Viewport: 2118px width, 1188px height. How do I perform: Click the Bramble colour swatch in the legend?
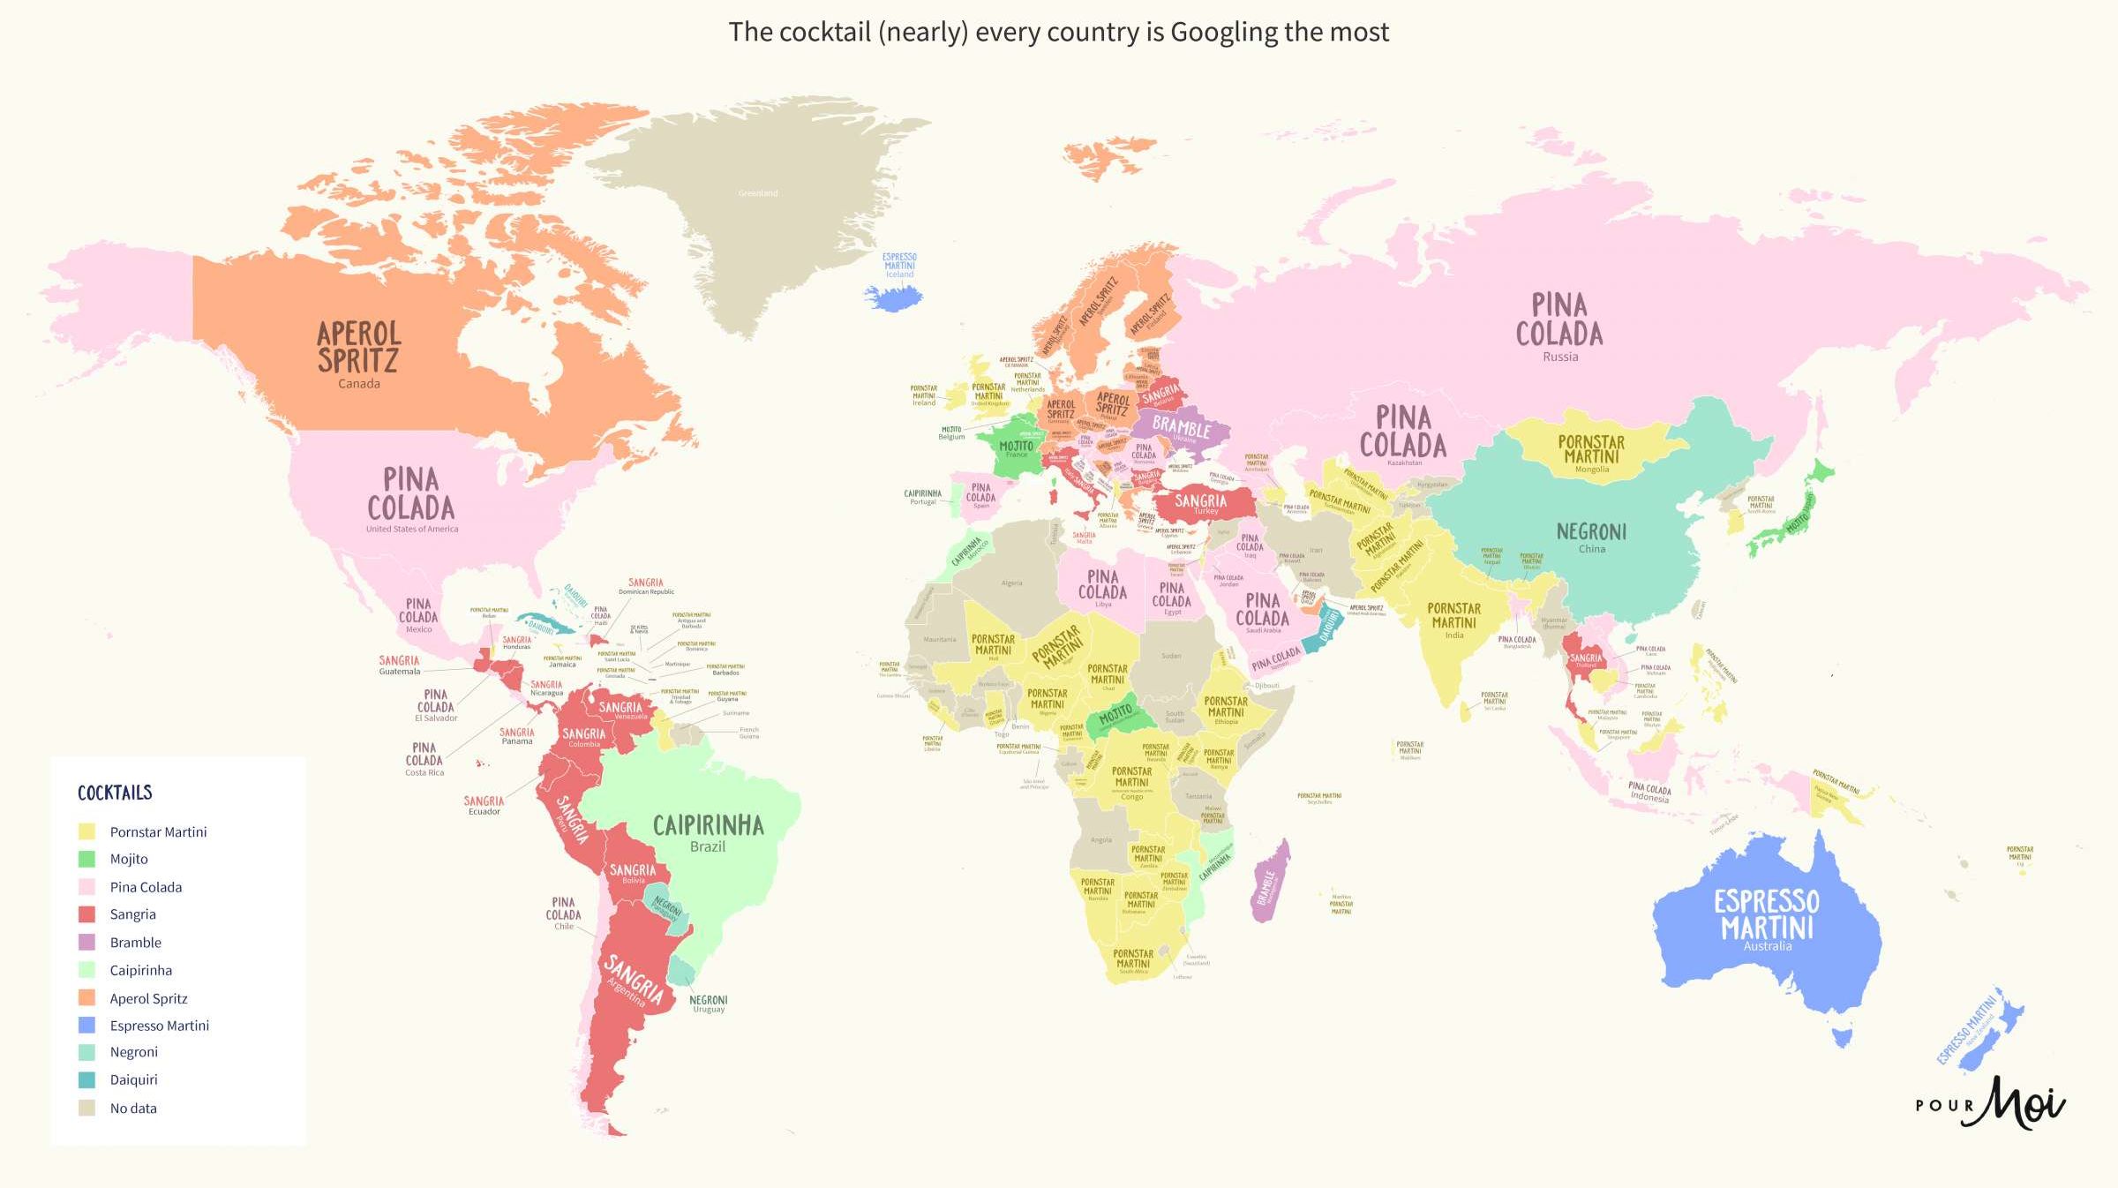tap(86, 943)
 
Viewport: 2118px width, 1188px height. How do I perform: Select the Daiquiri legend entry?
tap(133, 1079)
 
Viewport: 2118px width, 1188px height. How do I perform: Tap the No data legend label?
tap(133, 1109)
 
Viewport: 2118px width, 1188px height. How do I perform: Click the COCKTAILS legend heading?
tap(115, 793)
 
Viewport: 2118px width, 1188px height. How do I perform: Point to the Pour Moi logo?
tap(1989, 1103)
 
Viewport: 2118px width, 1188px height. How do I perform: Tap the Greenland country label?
tap(758, 193)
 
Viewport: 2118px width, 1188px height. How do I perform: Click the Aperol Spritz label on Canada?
tap(359, 349)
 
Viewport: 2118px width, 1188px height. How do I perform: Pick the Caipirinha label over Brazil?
tap(708, 826)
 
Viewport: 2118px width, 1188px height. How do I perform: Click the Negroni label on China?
tap(1591, 532)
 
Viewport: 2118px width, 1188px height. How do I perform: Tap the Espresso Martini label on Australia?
tap(1767, 915)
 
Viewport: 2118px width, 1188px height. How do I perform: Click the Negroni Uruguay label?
tap(709, 1002)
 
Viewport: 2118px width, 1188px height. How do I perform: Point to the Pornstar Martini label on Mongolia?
tap(1591, 449)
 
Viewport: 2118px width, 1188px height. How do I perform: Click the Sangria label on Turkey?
tap(1200, 501)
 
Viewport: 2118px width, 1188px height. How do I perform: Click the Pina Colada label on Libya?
tap(1102, 585)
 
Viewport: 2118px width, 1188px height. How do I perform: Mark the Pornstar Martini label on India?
tap(1453, 616)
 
